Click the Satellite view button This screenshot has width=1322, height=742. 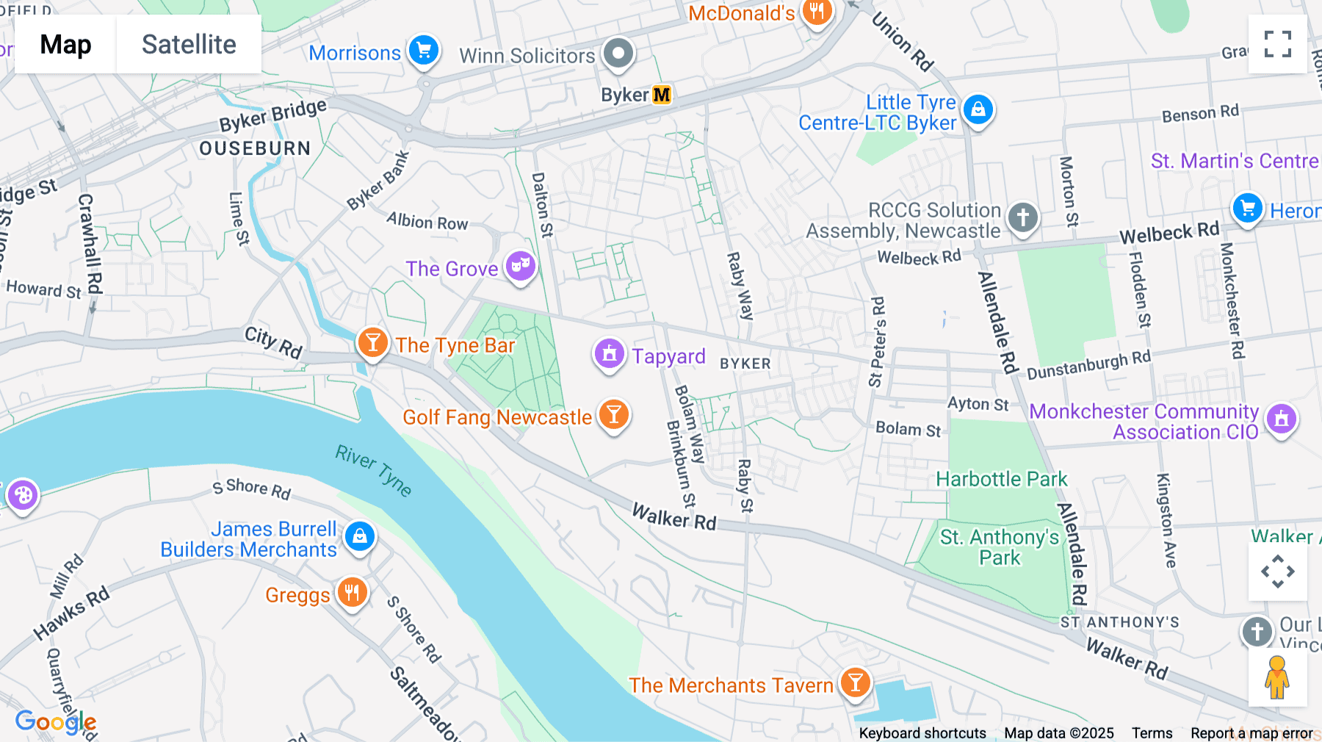189,45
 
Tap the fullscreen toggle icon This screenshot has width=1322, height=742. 1277,44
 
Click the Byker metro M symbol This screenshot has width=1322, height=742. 662,95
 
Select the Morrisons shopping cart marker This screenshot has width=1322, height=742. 424,51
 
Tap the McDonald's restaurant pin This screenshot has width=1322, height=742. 817,12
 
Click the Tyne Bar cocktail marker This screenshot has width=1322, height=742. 372,342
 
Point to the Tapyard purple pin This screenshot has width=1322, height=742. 609,355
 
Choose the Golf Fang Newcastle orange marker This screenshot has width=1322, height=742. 613,415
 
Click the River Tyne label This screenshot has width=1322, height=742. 373,470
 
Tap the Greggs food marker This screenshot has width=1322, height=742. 352,592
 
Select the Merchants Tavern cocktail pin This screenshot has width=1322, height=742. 855,682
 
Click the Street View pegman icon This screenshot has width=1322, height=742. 1277,677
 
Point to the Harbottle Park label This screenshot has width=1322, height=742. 1001,480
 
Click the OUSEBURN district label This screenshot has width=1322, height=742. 255,148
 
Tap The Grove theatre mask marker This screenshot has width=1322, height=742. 520,265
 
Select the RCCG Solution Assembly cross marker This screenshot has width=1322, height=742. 1022,217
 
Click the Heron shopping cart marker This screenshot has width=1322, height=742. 1247,208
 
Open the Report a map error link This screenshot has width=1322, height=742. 1251,733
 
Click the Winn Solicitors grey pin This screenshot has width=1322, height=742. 618,53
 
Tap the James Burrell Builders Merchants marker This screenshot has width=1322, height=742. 360,536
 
